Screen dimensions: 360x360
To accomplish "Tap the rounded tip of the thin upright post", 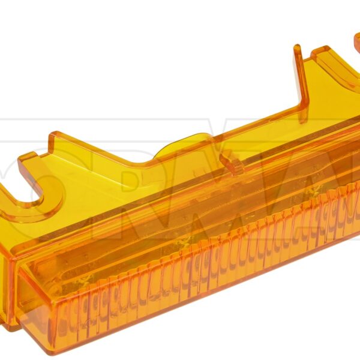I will [x=297, y=49].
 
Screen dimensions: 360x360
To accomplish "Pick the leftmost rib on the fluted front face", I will [x=66, y=312].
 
